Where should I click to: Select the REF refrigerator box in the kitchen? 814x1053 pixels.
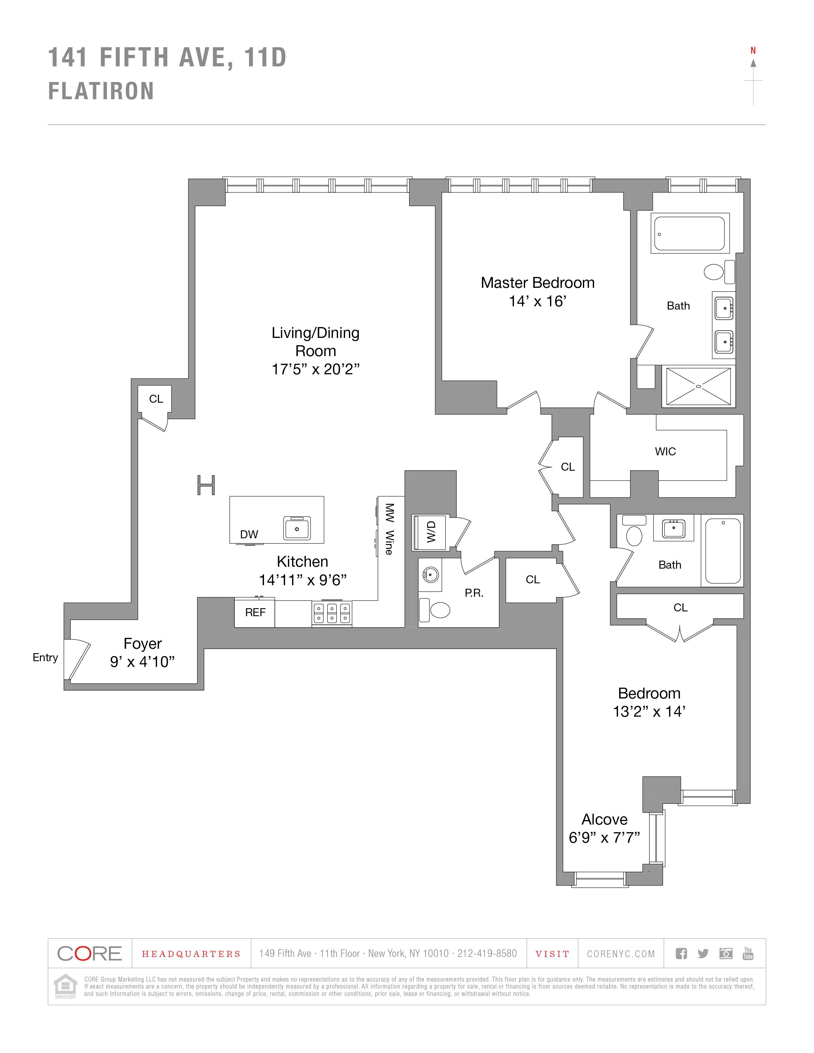255,612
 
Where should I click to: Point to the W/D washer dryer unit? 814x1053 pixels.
430,532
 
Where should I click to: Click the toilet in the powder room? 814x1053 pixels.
439,610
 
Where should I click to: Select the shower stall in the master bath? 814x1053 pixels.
698,386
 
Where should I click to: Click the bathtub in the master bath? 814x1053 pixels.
690,233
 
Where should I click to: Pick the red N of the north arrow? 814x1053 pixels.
753,51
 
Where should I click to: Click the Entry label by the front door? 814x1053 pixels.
45,658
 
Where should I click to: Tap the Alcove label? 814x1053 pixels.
604,820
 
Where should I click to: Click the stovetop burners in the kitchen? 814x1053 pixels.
332,613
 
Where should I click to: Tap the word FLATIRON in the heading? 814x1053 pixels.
101,91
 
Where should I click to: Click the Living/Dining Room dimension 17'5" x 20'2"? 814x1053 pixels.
315,369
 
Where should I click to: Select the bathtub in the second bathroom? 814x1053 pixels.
722,551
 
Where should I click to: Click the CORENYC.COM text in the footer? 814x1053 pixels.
621,954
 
